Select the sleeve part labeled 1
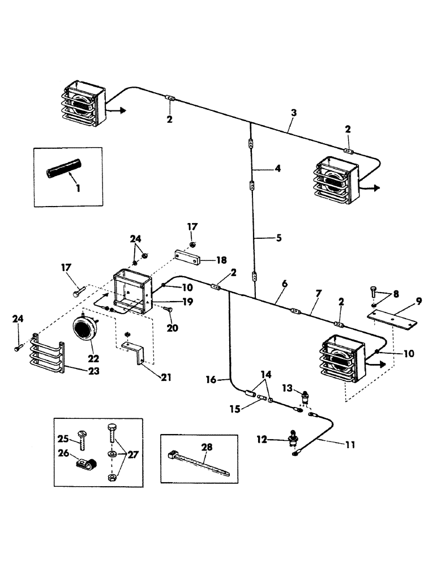(x=65, y=168)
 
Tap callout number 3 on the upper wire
(x=293, y=113)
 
